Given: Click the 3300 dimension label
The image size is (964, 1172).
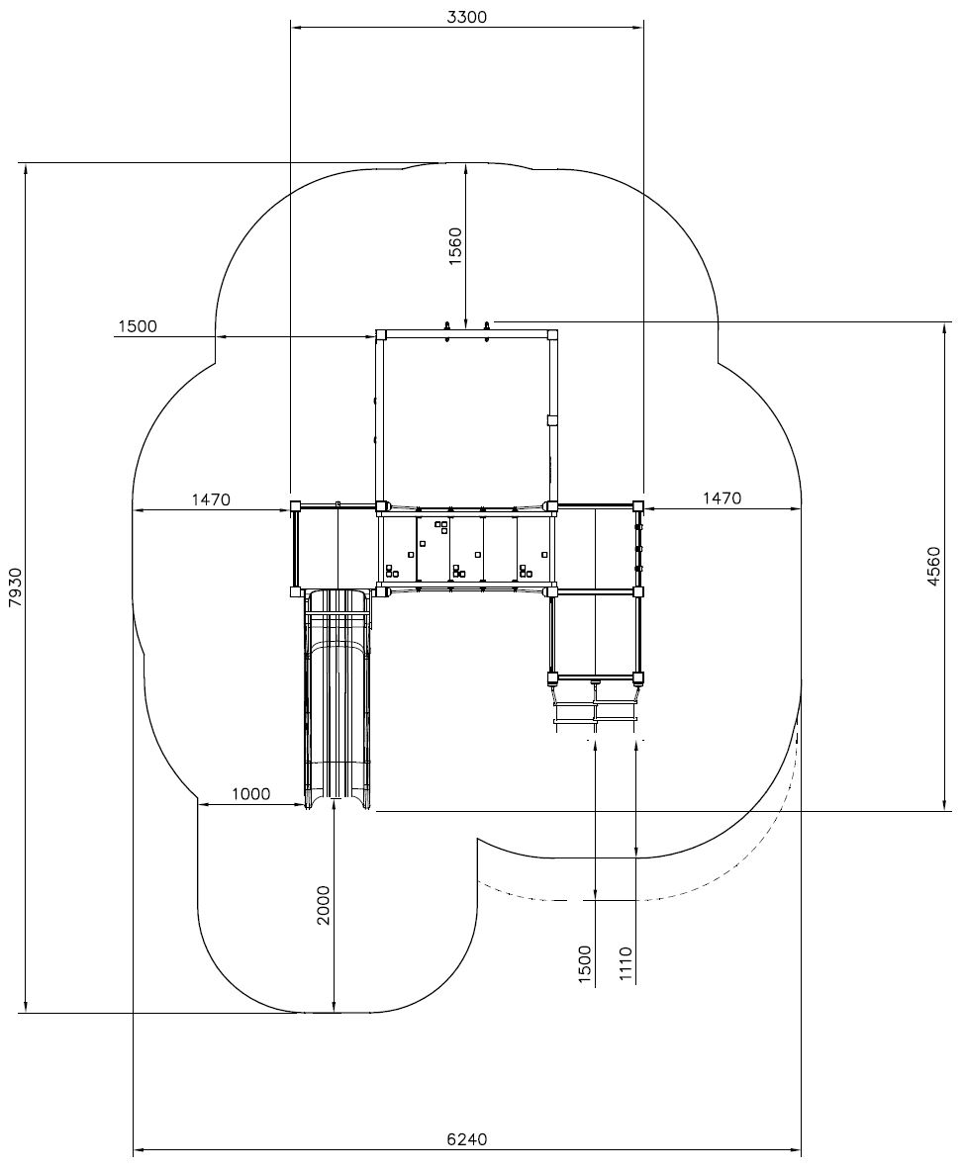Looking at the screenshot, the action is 467,17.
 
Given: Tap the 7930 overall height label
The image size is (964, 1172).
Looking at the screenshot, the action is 17,588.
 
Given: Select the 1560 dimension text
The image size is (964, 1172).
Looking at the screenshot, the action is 454,246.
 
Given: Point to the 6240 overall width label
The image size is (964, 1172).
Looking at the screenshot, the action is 467,1139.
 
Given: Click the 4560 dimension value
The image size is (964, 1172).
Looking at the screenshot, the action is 933,566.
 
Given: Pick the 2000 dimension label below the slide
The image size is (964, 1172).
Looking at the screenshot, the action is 323,905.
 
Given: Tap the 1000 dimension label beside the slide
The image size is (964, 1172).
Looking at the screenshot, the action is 250,794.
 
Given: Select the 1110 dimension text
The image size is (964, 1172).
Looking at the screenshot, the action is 626,965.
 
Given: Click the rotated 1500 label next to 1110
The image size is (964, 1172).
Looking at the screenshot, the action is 585,965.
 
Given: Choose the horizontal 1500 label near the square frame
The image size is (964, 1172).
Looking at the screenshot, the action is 138,326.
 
